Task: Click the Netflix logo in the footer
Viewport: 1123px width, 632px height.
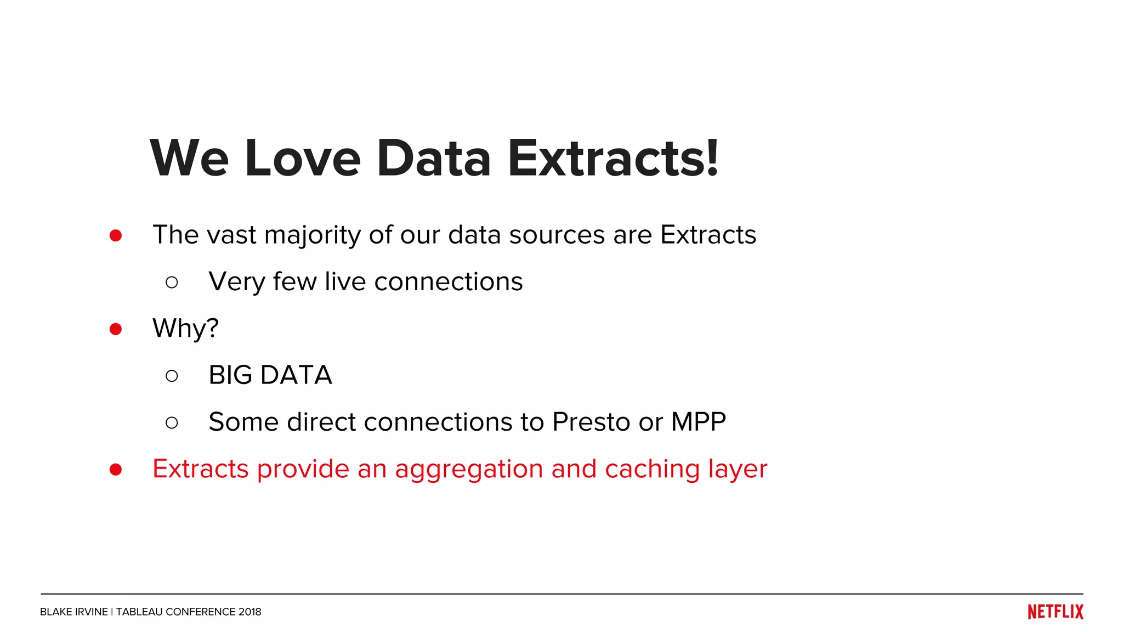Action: (x=1055, y=612)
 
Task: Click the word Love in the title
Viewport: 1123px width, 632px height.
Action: (x=303, y=159)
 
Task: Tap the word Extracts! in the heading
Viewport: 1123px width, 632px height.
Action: (x=612, y=159)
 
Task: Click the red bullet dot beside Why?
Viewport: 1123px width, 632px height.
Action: (x=115, y=329)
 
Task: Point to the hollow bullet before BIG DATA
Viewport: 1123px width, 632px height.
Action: (x=172, y=376)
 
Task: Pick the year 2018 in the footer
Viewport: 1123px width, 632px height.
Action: (x=249, y=612)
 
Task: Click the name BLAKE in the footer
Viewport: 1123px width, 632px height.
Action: (x=55, y=612)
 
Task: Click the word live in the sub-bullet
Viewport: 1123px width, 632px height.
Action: (x=345, y=282)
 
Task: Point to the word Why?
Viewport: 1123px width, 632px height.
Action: (x=185, y=329)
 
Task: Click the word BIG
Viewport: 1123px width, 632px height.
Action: (x=230, y=376)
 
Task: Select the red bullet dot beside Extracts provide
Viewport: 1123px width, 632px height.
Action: (x=115, y=470)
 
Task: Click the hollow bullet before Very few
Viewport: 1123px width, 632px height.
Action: (x=172, y=283)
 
